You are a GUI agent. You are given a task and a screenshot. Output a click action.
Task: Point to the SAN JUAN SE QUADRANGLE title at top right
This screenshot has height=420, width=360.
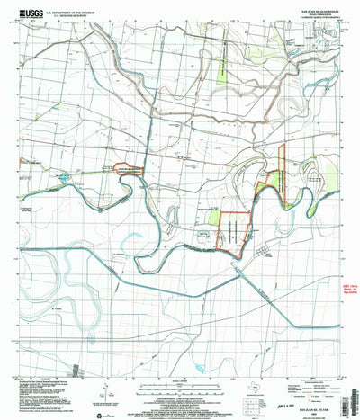pyautogui.click(x=319, y=6)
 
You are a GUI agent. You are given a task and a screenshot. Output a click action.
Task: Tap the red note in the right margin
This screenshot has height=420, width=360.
pyautogui.click(x=349, y=291)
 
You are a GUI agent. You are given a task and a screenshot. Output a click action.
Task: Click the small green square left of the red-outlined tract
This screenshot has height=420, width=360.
pyautogui.click(x=215, y=216)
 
